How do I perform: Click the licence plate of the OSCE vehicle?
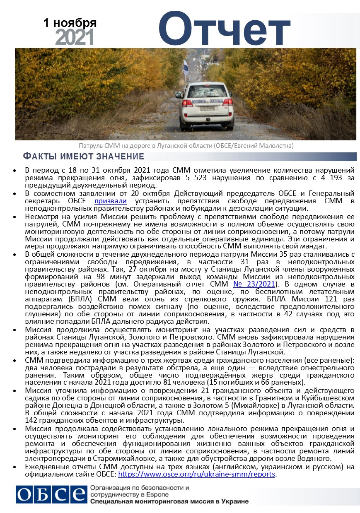pyautogui.click(x=206, y=108)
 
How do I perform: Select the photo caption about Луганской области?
pyautogui.click(x=186, y=145)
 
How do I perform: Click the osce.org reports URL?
pyautogui.click(x=197, y=474)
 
